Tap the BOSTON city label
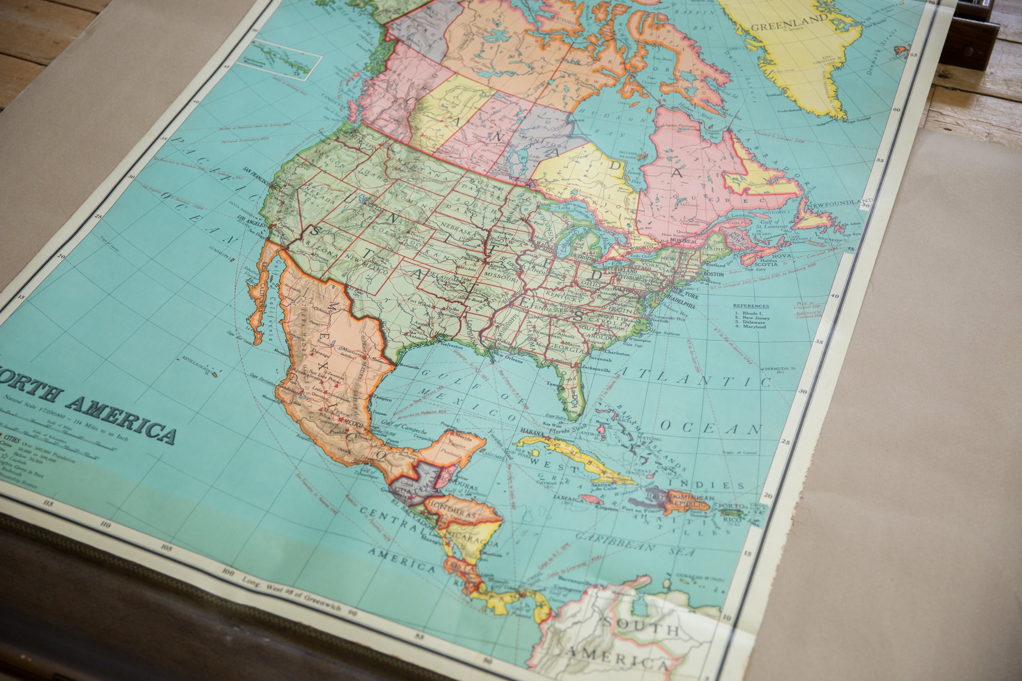point(713,274)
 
